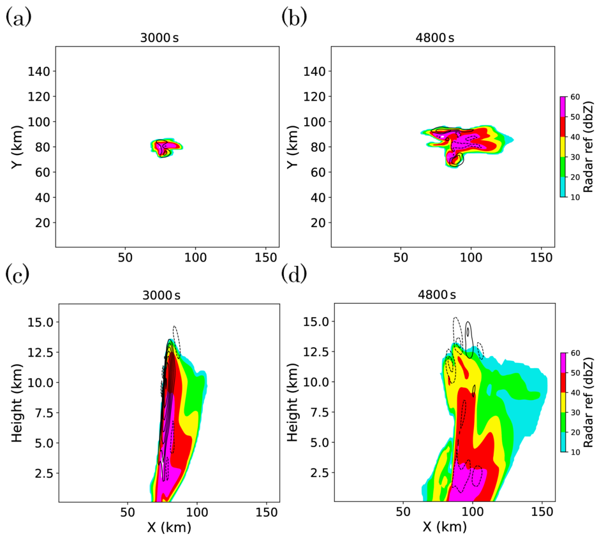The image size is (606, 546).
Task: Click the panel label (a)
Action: pyautogui.click(x=17, y=17)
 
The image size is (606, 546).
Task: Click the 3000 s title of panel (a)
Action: pyautogui.click(x=166, y=38)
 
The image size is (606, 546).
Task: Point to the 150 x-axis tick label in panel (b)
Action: pyautogui.click(x=542, y=260)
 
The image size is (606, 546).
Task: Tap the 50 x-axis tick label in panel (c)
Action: pyautogui.click(x=127, y=512)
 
